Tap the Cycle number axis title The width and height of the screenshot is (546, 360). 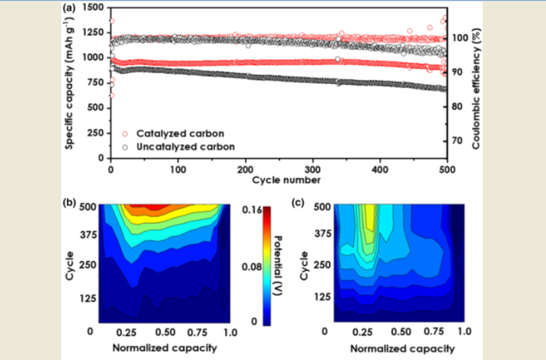pos(278,180)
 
